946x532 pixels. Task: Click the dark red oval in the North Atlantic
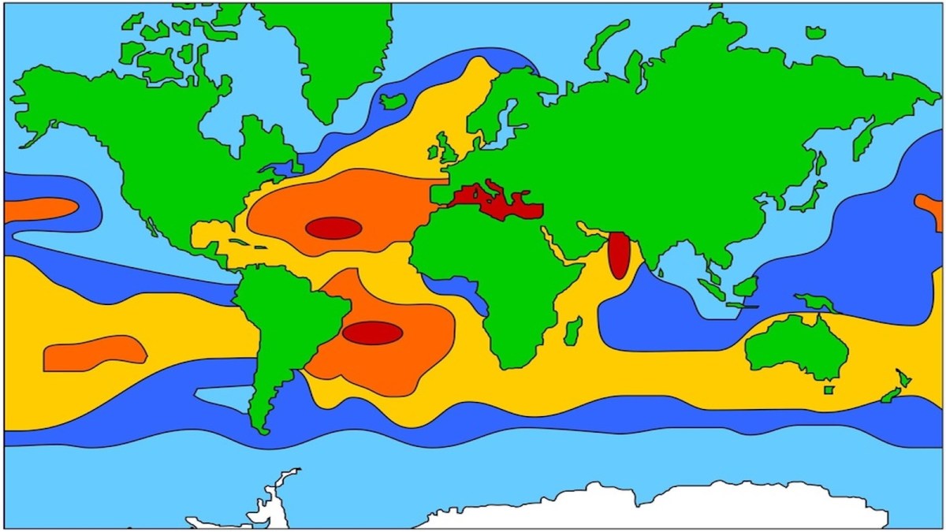tap(333, 228)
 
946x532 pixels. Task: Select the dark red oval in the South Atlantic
tap(372, 333)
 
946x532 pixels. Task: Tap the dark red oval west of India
tap(619, 255)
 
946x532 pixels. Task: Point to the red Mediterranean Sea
tap(497, 202)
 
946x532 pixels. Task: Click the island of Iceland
tap(393, 101)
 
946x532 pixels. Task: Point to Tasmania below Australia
tap(829, 390)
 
